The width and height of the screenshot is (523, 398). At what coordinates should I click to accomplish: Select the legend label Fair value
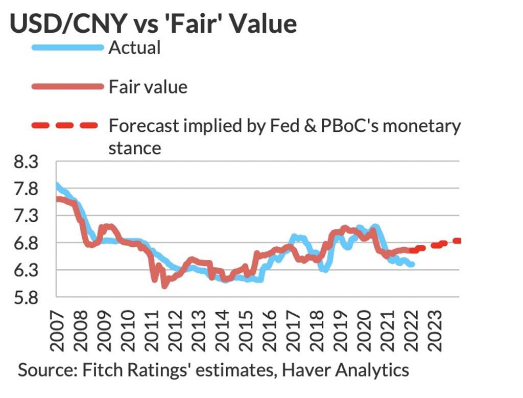(148, 87)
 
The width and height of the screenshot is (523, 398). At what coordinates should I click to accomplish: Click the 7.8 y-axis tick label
(25, 190)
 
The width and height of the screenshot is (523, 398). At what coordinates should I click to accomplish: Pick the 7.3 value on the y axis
(25, 216)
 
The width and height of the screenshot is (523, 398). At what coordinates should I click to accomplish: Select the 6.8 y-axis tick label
(25, 243)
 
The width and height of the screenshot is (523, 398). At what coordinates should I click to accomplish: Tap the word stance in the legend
(135, 148)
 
